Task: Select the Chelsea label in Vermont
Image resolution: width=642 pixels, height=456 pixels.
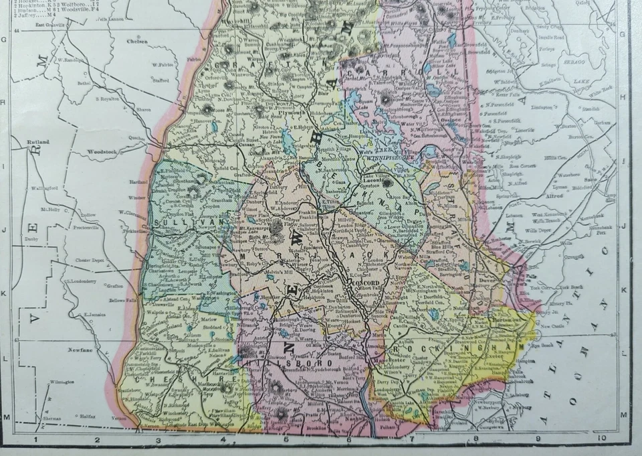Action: coord(136,41)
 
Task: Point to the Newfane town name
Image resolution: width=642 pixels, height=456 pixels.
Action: coord(79,349)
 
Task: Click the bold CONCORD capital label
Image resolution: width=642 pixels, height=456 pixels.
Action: coord(366,283)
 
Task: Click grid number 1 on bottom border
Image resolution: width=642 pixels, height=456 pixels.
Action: coord(35,439)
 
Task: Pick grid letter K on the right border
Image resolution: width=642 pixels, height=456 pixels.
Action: coord(623,290)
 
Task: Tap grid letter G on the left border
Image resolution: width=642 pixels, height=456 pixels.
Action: coord(4,40)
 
